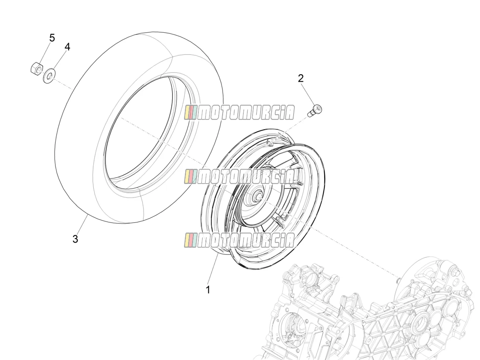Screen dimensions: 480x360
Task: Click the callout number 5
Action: click(52, 38)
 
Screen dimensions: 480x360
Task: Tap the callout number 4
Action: click(67, 47)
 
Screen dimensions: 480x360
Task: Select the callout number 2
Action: click(301, 78)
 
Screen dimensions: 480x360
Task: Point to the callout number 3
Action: click(75, 239)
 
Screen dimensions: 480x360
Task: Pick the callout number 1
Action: click(208, 290)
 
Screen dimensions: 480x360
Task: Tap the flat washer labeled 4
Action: click(49, 75)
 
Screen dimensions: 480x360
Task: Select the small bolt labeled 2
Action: click(315, 110)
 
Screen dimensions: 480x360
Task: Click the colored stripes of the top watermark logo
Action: click(190, 113)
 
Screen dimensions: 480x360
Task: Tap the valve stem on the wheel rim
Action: click(270, 142)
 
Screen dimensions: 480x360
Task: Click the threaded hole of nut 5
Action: click(39, 69)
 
